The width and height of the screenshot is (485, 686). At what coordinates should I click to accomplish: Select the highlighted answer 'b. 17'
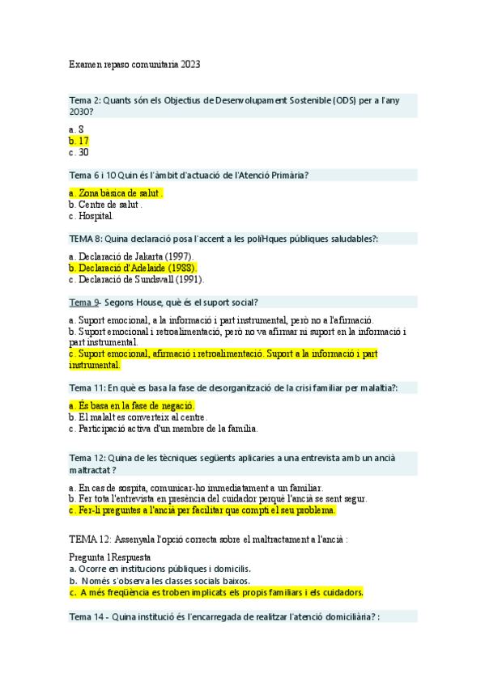click(79, 140)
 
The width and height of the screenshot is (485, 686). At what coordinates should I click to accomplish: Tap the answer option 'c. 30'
click(79, 152)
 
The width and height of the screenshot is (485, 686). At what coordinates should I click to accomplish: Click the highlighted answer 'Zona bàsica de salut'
click(117, 193)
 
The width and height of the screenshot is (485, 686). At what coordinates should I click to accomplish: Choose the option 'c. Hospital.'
click(91, 216)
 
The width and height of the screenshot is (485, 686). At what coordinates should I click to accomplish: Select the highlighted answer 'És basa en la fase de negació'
click(133, 404)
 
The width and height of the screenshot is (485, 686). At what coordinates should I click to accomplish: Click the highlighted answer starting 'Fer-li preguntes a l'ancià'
click(202, 510)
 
